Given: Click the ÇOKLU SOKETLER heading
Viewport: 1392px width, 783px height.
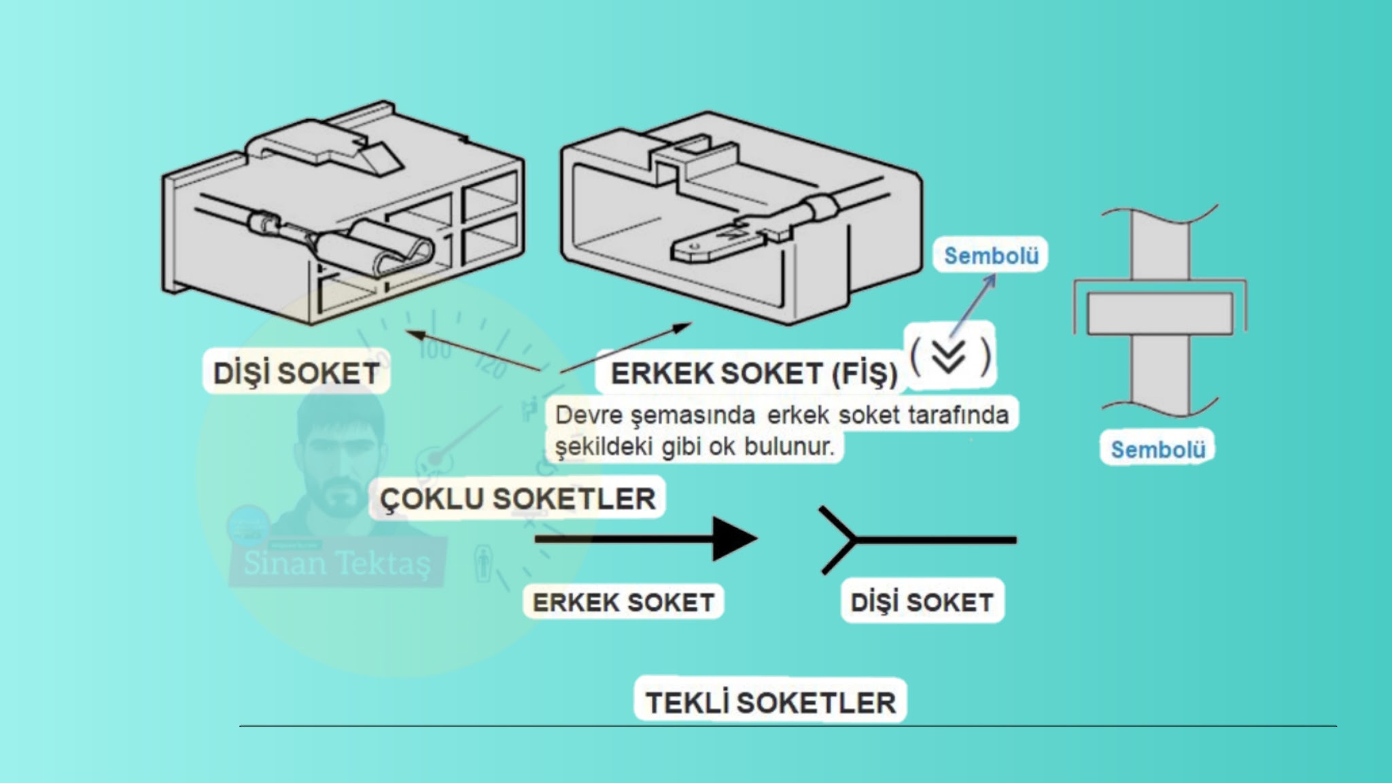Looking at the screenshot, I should coord(517,499).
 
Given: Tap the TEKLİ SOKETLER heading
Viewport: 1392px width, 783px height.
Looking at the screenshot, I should coord(770,702).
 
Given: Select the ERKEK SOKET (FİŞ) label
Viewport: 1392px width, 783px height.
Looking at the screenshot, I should coord(753,373).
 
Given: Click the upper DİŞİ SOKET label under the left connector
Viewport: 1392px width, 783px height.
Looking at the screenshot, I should coord(296,373).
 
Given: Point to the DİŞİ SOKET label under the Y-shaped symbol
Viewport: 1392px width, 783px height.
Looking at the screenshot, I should coord(922,602).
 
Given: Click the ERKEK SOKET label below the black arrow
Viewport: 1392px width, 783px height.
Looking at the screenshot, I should coord(623,602).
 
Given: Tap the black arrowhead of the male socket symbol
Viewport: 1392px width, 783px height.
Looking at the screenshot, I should coord(733,540).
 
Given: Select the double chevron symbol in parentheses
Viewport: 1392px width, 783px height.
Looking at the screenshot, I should coord(949,355).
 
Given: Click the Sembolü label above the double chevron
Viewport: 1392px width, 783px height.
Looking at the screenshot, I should coord(991,256).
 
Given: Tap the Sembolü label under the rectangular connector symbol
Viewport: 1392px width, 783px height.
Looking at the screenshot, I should coord(1158,449).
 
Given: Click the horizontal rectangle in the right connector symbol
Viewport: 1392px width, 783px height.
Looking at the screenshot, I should coord(1160,313).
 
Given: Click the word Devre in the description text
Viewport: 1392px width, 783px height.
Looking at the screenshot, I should coord(587,415).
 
